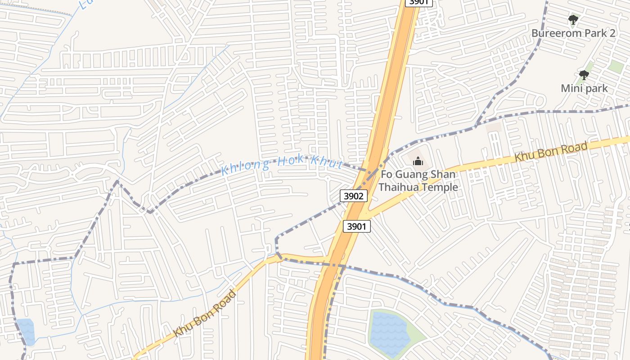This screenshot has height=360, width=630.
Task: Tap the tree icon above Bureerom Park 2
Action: tap(573, 20)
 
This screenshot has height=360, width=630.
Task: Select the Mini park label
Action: tap(584, 88)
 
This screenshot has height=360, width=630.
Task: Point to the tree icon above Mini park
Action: tap(584, 75)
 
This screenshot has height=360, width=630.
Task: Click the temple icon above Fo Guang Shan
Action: tap(418, 161)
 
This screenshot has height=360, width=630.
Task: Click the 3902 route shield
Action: tap(354, 196)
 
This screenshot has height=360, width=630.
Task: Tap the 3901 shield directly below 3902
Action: tap(357, 226)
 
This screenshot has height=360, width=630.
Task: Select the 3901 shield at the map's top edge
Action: tap(419, 3)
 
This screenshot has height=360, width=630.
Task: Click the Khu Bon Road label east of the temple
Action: tap(551, 152)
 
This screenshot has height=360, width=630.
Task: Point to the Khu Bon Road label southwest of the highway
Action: tap(205, 314)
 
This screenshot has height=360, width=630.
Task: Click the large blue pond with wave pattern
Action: tap(390, 334)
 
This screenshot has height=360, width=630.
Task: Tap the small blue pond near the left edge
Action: tap(26, 331)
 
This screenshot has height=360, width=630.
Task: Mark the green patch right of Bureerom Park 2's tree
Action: tap(615, 67)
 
